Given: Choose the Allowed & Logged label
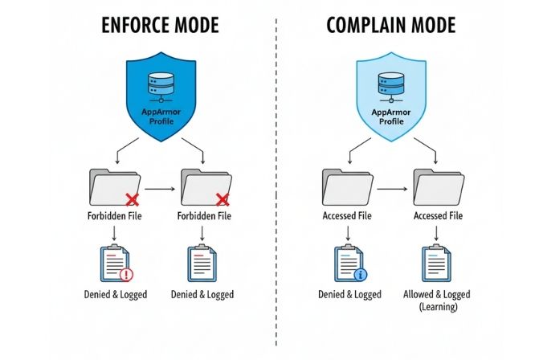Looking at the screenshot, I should (x=438, y=295).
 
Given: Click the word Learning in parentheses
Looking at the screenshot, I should (x=438, y=307).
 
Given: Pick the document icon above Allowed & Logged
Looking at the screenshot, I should (x=435, y=262).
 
